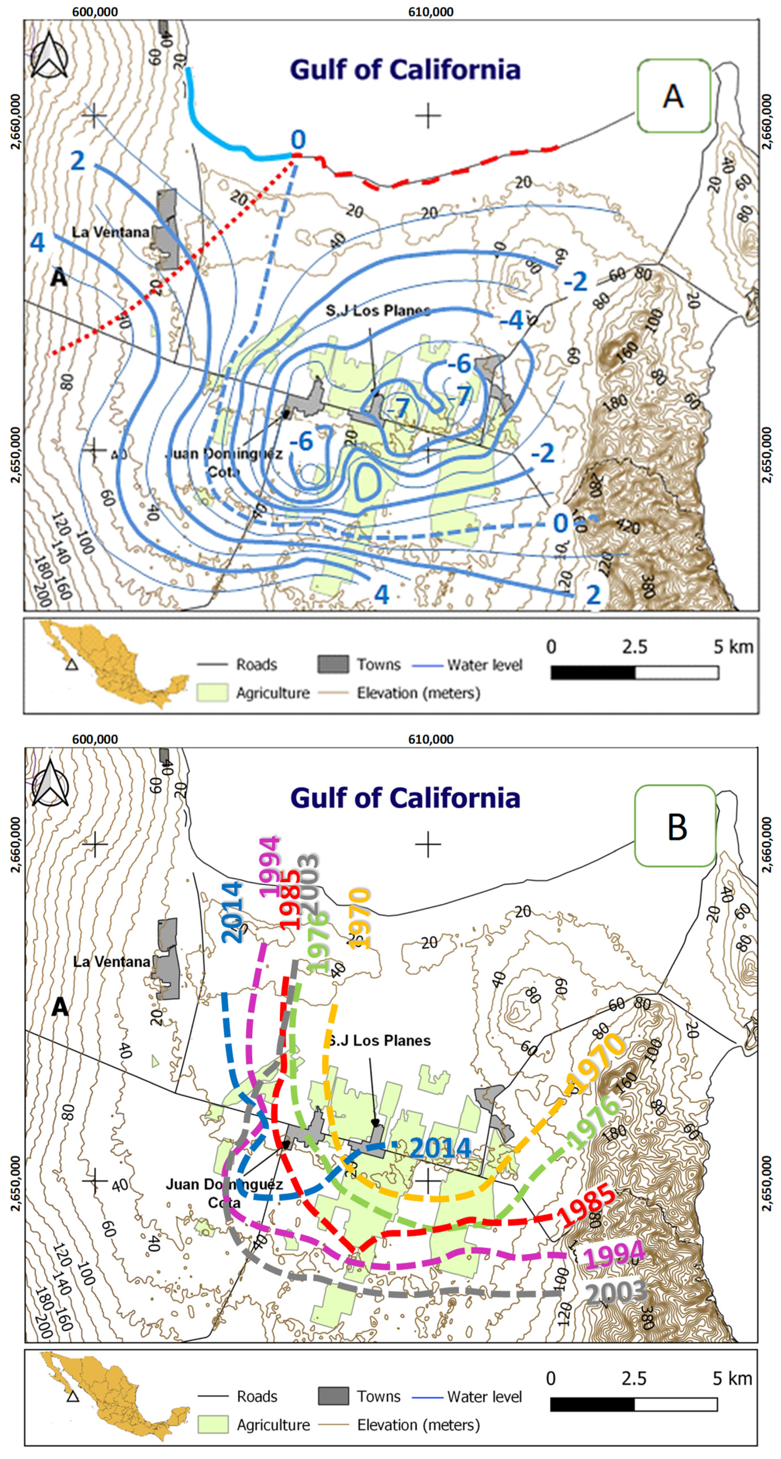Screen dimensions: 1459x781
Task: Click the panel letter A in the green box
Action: coord(673,96)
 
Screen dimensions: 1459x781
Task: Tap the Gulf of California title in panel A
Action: coord(405,70)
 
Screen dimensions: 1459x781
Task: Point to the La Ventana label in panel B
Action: coord(111,962)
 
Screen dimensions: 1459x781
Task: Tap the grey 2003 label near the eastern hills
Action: coord(616,1293)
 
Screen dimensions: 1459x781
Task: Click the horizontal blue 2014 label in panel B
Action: coord(441,1148)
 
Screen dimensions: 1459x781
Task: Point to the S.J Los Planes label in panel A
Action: coord(378,310)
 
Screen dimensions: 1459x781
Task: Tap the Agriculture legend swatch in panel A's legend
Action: coord(212,692)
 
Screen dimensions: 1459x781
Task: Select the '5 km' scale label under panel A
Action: coord(733,646)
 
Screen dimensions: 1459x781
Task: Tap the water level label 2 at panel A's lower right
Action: coord(593,595)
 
